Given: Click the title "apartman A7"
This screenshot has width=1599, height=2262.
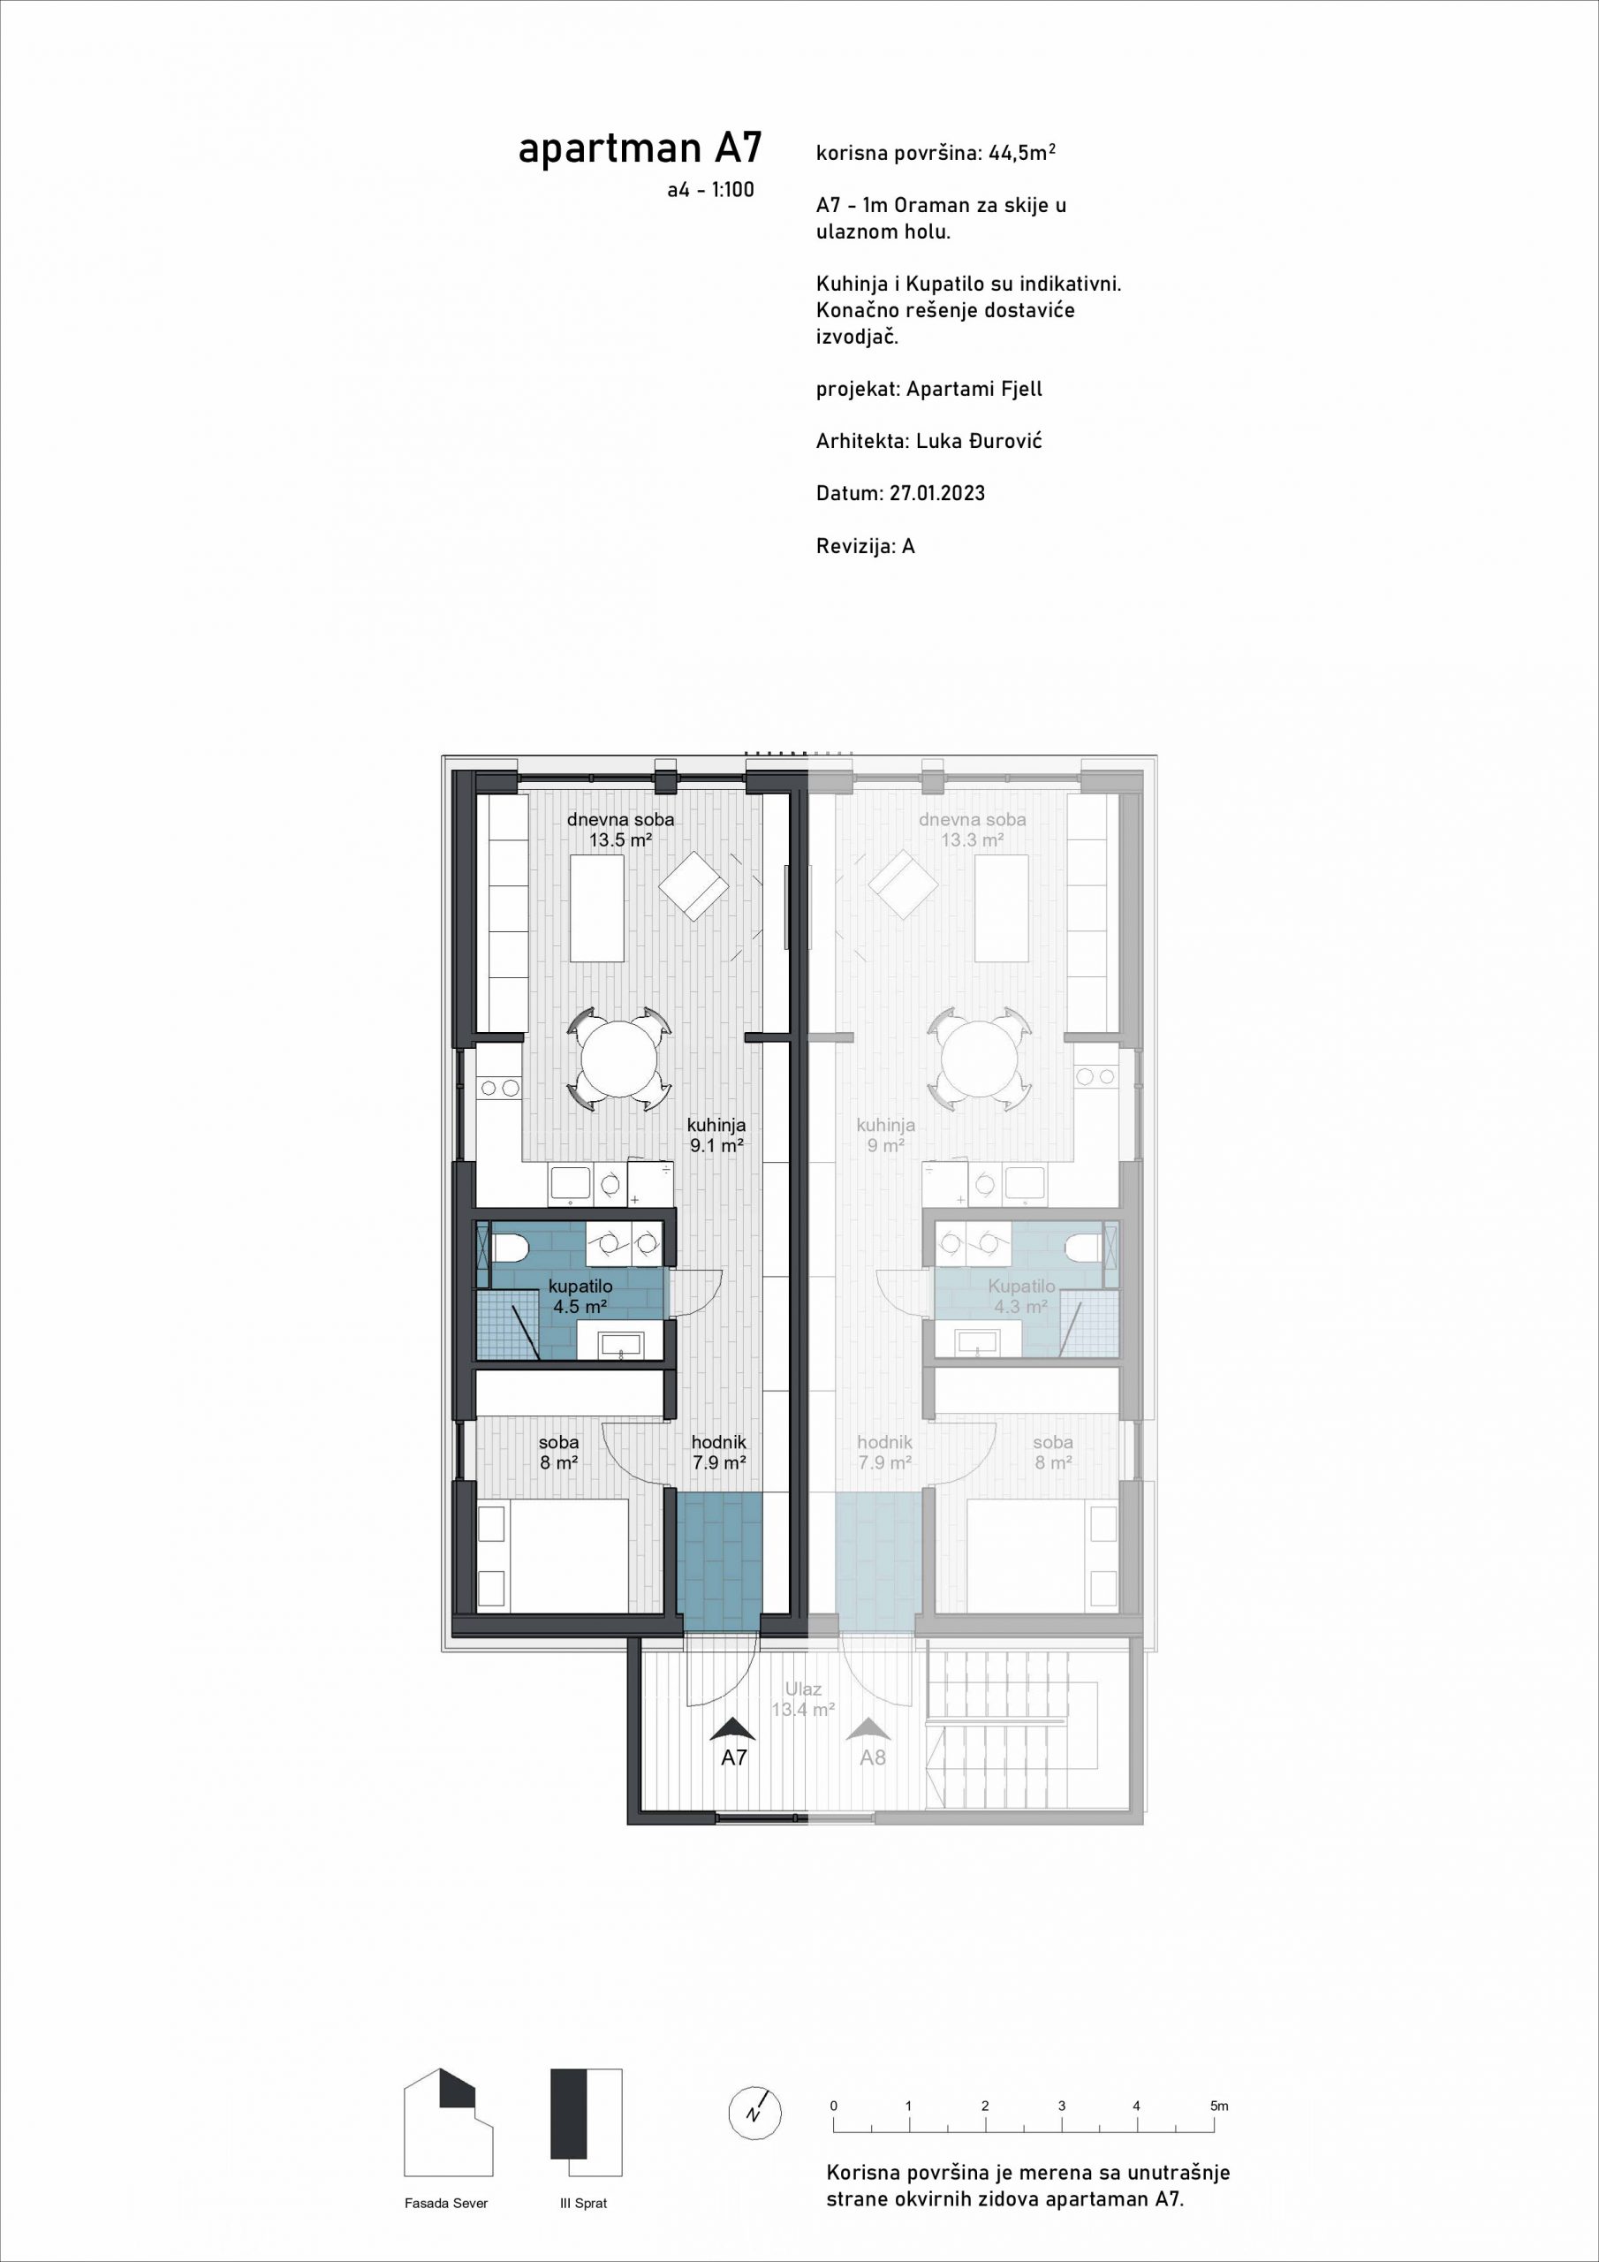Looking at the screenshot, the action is point(640,148).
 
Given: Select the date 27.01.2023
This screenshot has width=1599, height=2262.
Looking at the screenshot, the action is point(937,494).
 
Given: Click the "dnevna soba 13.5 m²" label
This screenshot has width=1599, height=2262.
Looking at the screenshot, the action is point(621,830).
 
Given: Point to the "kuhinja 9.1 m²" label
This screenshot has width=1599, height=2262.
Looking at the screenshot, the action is point(716,1135).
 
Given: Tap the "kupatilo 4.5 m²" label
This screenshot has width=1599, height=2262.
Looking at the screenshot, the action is point(580,1296).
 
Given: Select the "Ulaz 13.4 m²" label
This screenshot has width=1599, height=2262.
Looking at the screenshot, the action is point(803,1699).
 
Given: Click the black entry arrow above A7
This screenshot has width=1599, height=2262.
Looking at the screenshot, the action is point(733,1728).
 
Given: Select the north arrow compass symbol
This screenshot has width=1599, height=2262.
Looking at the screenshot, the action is point(755,2114).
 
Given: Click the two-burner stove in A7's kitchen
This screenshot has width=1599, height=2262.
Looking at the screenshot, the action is point(498,1088).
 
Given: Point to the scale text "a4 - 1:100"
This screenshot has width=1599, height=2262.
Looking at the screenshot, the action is point(710,190).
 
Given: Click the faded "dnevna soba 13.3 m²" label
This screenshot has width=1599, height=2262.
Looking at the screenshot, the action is point(973,830).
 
